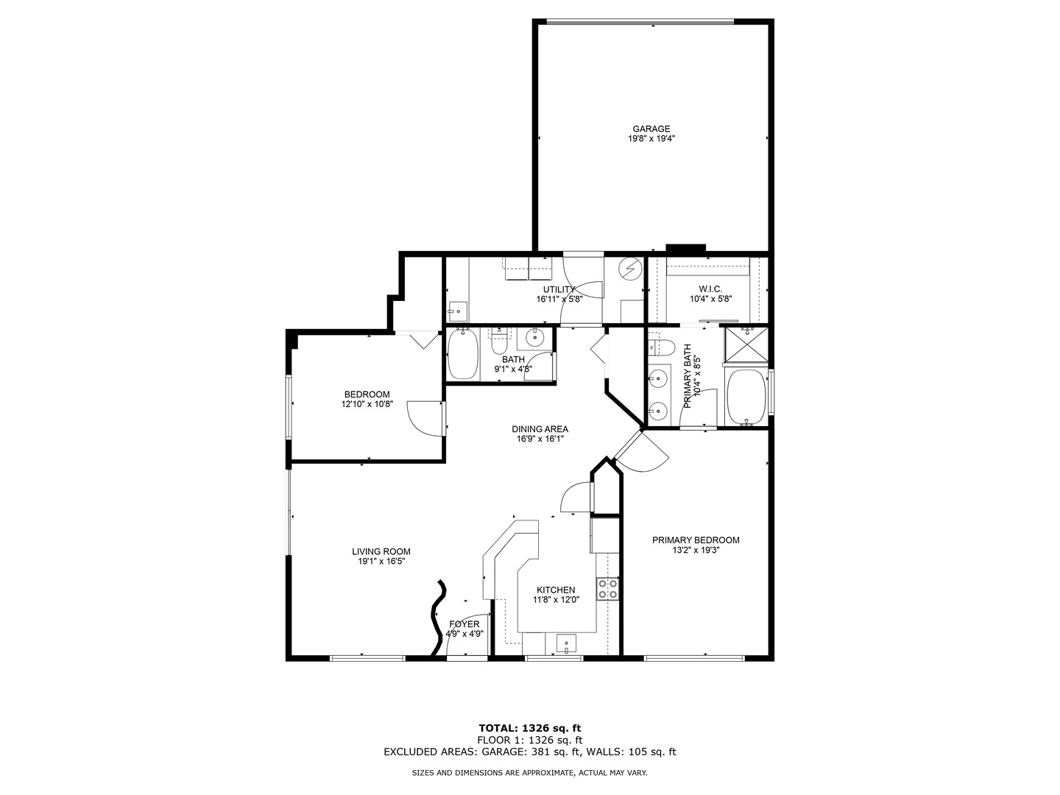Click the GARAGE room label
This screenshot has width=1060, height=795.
651,129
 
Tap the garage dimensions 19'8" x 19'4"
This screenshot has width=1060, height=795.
651,138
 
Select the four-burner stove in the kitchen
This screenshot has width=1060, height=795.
608,589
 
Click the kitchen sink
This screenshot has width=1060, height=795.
567,645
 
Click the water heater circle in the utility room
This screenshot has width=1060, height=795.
630,269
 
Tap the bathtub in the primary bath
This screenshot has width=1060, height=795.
746,397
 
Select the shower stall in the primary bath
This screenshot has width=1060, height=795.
746,344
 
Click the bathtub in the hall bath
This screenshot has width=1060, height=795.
463,354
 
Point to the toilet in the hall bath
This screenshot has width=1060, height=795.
498,342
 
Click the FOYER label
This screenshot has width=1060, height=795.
464,624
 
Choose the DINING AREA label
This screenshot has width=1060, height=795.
540,429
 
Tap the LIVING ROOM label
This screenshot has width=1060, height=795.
381,551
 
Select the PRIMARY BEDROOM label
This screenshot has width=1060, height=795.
696,540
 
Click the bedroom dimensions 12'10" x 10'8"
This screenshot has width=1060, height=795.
367,404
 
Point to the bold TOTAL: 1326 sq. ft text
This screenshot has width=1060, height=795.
529,728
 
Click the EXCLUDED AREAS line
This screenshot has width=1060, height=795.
529,752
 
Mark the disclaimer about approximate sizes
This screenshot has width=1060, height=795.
529,773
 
